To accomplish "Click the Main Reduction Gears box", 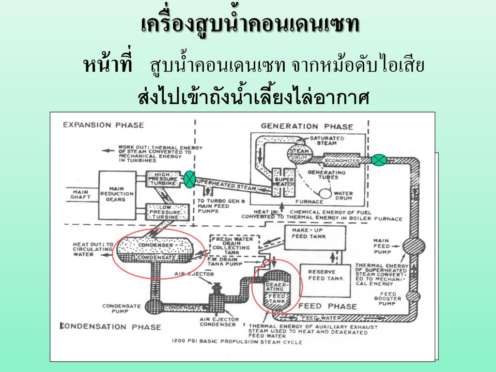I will (116, 193).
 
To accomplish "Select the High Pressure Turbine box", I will (166, 180).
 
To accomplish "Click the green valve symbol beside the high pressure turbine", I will (189, 179).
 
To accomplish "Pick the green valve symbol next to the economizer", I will (379, 159).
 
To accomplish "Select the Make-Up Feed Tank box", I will (315, 237).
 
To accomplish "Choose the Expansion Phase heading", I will (104, 125).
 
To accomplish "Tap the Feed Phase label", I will (327, 306).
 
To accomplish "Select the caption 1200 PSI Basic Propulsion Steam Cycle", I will (237, 342).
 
